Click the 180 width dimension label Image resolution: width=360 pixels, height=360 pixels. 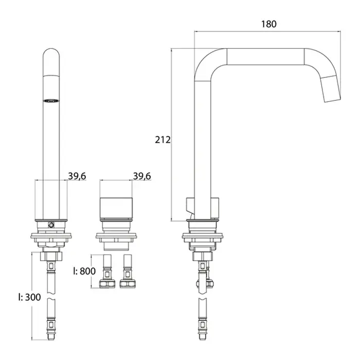(269, 24)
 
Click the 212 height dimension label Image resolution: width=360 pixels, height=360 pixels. (163, 139)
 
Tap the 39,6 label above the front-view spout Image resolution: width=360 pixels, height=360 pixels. (77, 176)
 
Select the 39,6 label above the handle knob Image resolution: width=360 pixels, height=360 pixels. (142, 176)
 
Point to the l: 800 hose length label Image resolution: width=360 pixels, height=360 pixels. (84, 271)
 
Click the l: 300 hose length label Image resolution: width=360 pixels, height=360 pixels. (29, 297)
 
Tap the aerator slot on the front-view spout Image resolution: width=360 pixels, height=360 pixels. (51, 101)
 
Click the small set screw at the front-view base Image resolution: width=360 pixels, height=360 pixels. (51, 225)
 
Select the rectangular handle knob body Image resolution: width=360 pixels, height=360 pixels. (116, 208)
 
